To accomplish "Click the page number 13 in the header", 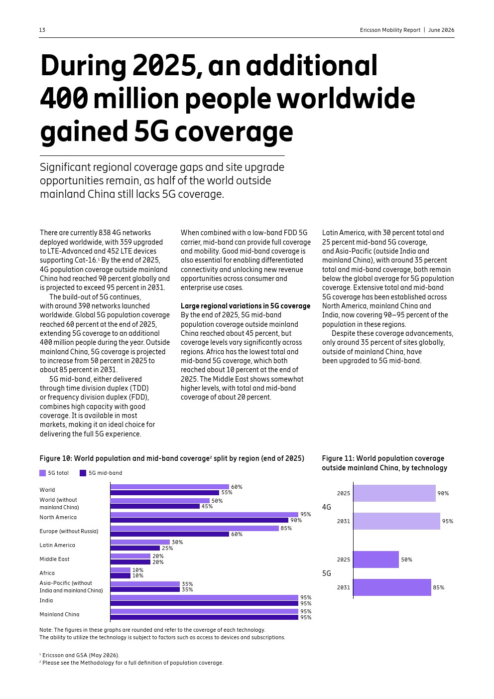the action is [42, 30].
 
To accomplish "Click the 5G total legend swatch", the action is [42, 473].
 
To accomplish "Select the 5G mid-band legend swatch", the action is [83, 473].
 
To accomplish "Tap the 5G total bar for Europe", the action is [195, 528].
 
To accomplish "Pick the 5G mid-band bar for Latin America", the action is [135, 548].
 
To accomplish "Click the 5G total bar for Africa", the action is [121, 570].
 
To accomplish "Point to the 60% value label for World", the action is [237, 487].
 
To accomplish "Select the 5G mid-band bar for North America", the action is [199, 520].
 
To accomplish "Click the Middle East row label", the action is [54, 559].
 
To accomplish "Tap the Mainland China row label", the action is [59, 614].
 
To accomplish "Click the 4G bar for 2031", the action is [397, 521].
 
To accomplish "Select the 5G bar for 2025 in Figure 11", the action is [376, 559].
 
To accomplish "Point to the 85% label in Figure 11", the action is [439, 587].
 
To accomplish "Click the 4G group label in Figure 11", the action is [327, 507].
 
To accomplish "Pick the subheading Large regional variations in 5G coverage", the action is [246, 306].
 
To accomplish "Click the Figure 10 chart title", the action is [172, 458].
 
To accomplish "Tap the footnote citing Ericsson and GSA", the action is [80, 655].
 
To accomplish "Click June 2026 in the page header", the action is [441, 30].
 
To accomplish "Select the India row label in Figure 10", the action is [46, 600].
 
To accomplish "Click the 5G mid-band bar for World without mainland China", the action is [155, 506].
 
